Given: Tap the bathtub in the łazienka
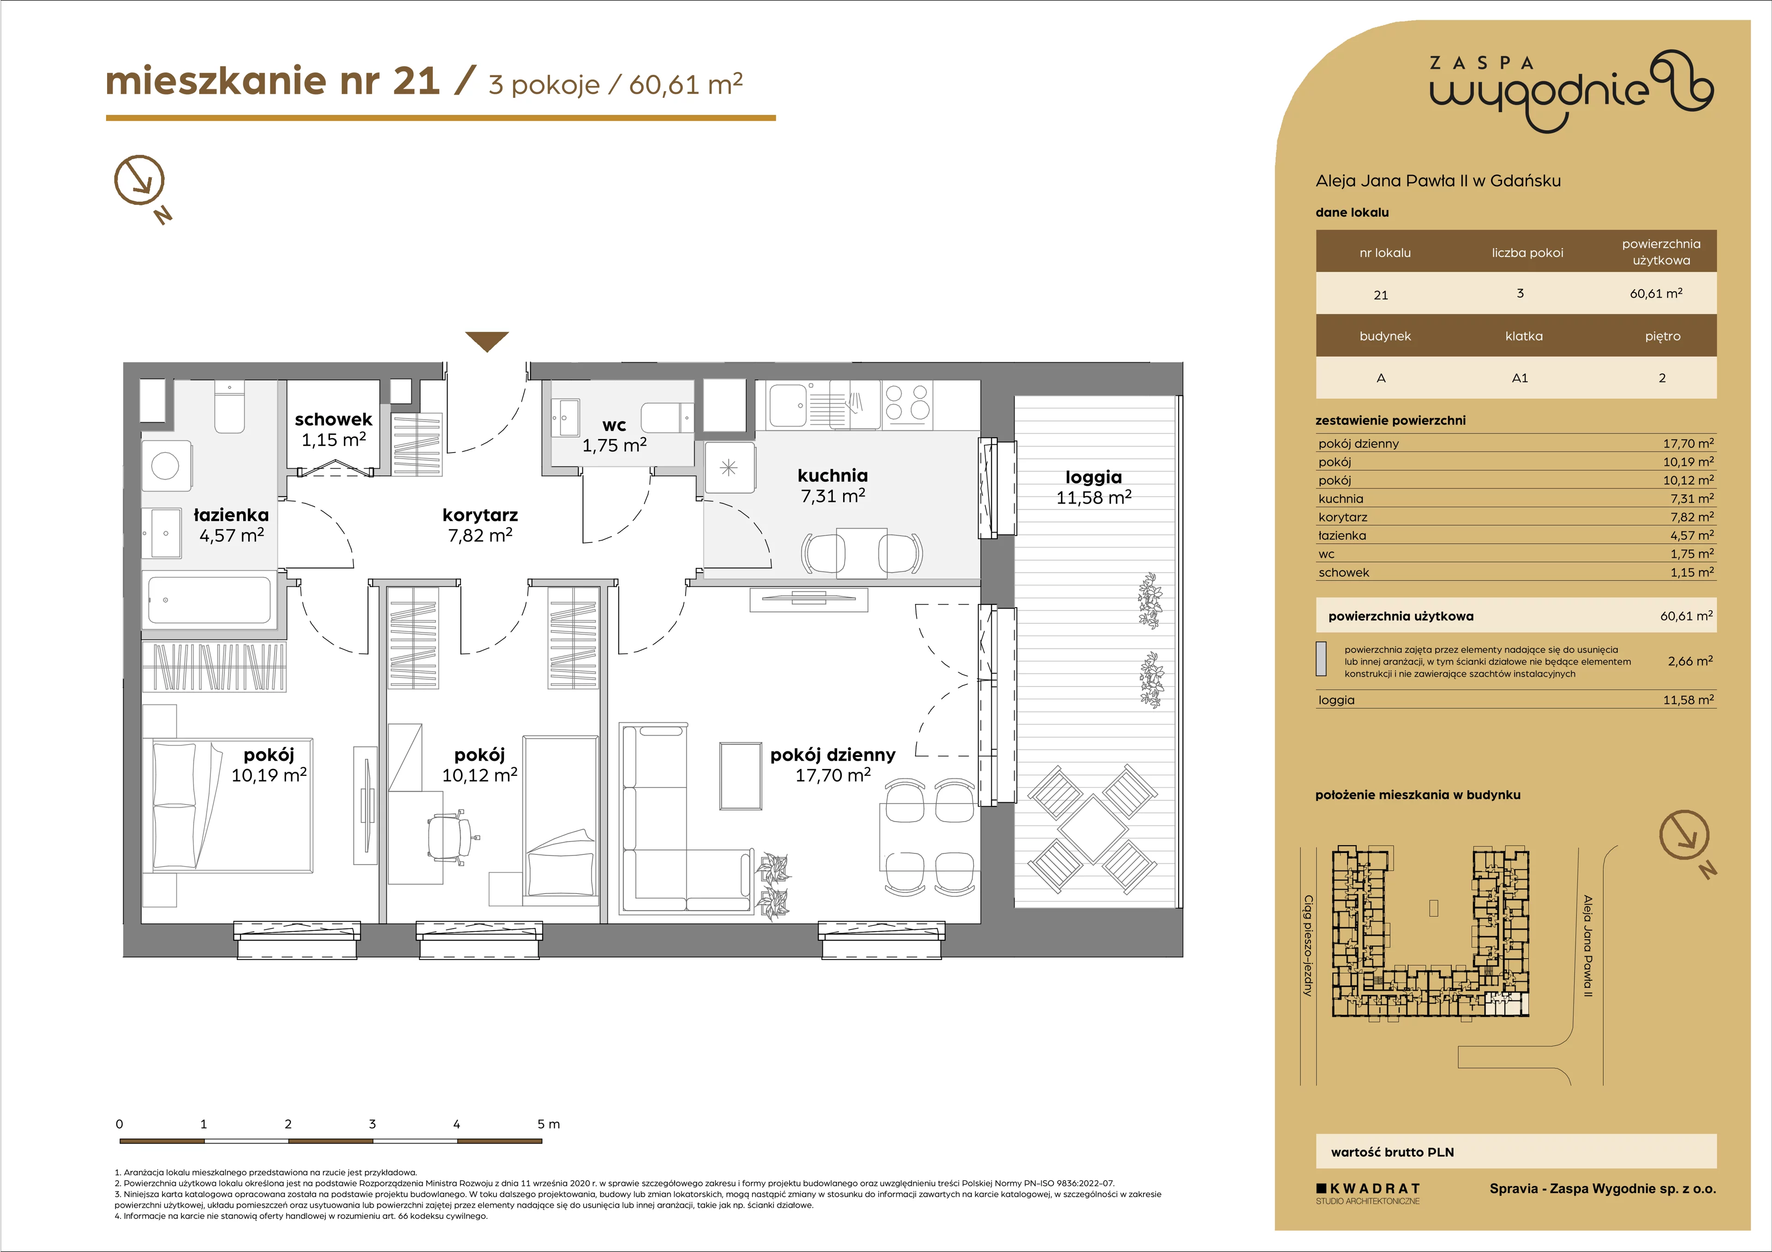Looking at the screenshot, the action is [209, 599].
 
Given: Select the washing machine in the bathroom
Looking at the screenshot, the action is [166, 465].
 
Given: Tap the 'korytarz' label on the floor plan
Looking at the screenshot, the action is [480, 514].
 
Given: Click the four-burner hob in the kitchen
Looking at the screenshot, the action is [907, 403].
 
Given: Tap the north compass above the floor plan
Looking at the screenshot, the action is [140, 180].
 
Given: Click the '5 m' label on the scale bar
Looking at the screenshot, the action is [549, 1124].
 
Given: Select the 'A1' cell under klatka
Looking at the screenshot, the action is [1520, 378].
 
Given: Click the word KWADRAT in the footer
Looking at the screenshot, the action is [1375, 1189].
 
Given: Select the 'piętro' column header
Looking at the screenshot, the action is [1663, 336].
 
